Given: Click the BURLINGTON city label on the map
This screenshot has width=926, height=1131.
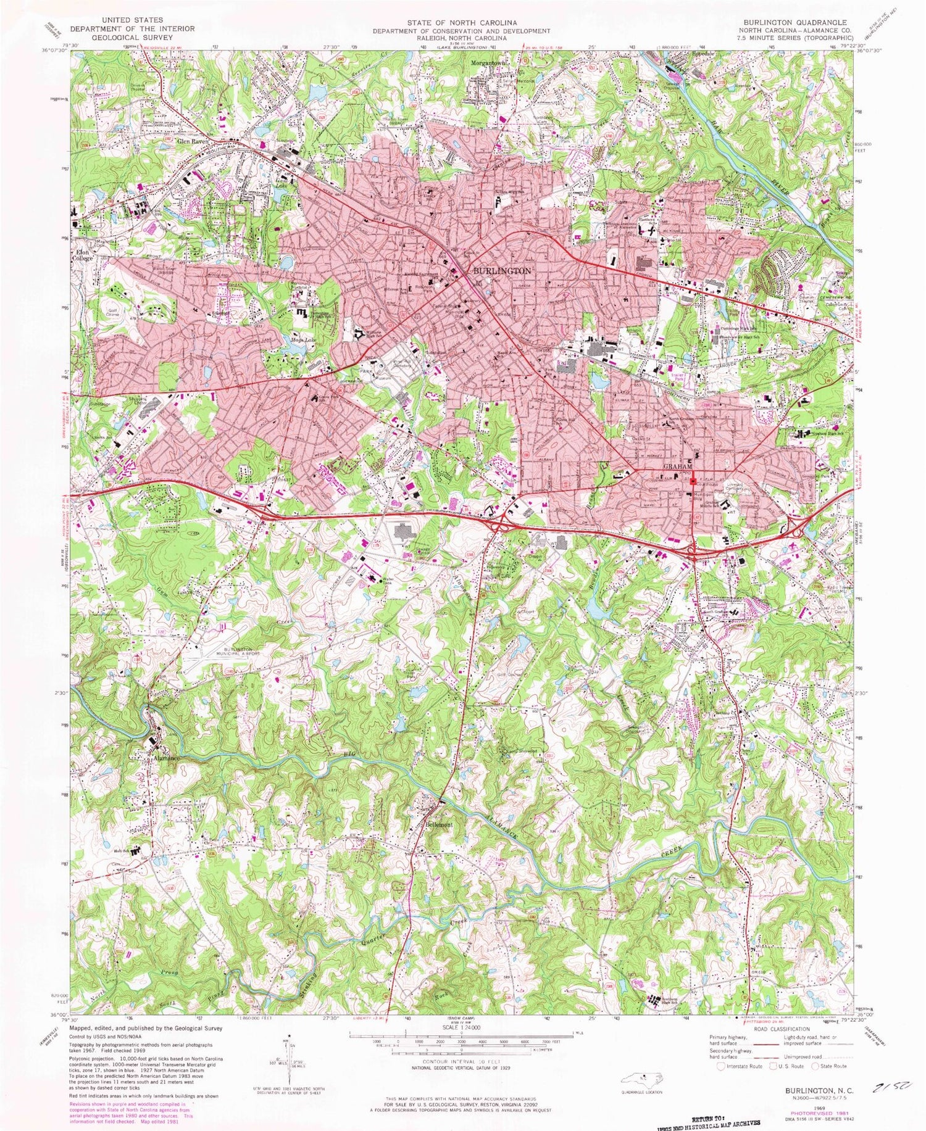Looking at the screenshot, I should (x=501, y=271).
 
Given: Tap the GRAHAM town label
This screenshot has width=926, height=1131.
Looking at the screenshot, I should (x=678, y=468).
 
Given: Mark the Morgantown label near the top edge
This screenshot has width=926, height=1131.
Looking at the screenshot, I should (x=489, y=63).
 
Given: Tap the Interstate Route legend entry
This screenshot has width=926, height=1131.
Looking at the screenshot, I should (x=740, y=1066).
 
